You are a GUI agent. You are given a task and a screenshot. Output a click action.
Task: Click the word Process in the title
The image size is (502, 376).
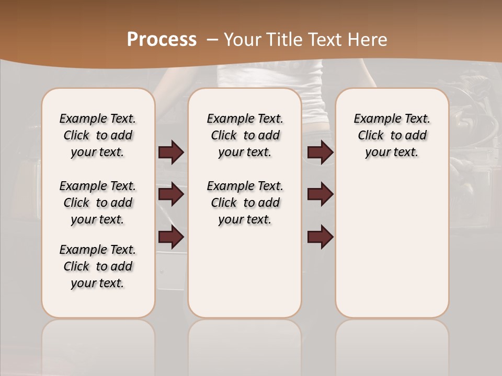click(x=162, y=40)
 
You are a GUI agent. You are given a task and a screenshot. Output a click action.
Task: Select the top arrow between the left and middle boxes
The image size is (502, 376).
click(x=171, y=152)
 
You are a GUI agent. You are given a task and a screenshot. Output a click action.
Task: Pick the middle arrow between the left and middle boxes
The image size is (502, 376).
click(x=171, y=194)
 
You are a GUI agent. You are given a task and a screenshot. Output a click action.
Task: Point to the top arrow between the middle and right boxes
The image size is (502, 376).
click(x=320, y=152)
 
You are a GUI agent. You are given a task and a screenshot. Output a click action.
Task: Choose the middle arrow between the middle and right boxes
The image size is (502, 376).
click(x=320, y=194)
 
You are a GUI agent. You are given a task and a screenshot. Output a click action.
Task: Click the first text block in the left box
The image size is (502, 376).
click(x=98, y=135)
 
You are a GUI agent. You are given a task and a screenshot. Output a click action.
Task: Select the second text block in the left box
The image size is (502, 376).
click(x=98, y=203)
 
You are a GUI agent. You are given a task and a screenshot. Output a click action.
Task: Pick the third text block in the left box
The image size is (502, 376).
click(x=98, y=266)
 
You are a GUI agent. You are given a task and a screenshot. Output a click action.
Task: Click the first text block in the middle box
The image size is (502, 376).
click(x=245, y=135)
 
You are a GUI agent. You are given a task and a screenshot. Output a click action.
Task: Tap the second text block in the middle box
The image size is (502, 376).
click(x=245, y=203)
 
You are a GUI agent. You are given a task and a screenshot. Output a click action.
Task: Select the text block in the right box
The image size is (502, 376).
click(x=392, y=135)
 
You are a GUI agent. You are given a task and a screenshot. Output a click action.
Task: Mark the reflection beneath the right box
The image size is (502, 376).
click(x=392, y=345)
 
